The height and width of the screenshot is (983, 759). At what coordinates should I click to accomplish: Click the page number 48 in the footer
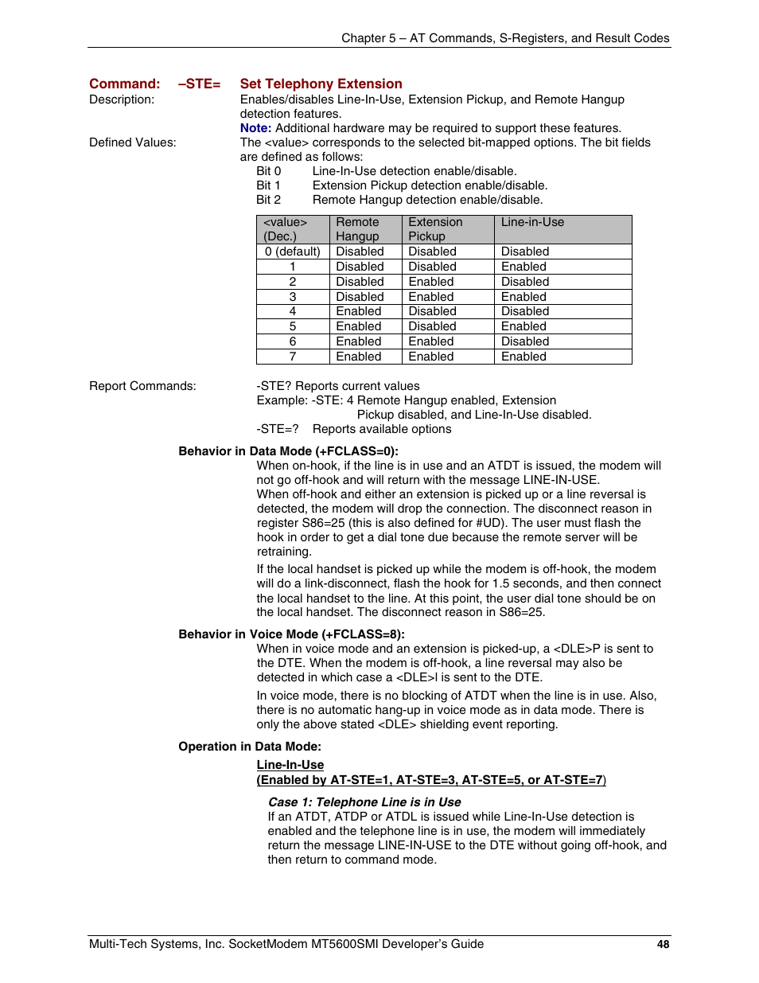tap(663, 944)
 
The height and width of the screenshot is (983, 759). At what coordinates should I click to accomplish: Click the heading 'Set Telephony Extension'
tap(321, 84)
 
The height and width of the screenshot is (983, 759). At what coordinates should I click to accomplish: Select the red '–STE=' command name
tap(199, 84)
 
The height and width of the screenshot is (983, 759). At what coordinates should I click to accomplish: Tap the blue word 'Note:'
tap(255, 128)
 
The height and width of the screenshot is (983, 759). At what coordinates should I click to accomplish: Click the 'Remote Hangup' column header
tap(357, 229)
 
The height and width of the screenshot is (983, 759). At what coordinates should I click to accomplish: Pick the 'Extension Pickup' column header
tap(435, 229)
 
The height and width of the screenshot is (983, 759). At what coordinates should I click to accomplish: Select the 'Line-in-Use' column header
tap(532, 223)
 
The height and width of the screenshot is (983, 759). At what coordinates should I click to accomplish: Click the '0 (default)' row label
tap(292, 252)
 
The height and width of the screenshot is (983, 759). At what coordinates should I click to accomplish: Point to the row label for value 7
tap(292, 357)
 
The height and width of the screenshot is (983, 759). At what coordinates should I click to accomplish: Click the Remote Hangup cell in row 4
tap(358, 311)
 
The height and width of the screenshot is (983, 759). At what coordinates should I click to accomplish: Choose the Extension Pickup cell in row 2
tap(430, 282)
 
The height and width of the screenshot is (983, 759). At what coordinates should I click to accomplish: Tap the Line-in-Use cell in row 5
tap(524, 326)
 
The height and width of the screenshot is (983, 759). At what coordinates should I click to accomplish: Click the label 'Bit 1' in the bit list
tap(268, 185)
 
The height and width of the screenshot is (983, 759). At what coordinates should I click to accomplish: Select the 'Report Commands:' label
tap(142, 386)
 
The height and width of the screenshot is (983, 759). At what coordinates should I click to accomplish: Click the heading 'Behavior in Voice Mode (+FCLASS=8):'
tap(291, 634)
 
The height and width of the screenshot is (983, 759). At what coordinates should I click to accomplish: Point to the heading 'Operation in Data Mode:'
tap(250, 747)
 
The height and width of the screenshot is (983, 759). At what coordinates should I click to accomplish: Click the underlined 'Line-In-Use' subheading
tap(290, 765)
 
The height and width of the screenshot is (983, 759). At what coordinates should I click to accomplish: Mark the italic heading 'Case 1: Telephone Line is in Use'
tap(364, 802)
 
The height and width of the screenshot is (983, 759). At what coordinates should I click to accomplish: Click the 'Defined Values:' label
tap(133, 142)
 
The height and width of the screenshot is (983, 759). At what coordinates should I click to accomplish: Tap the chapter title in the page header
tap(505, 38)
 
